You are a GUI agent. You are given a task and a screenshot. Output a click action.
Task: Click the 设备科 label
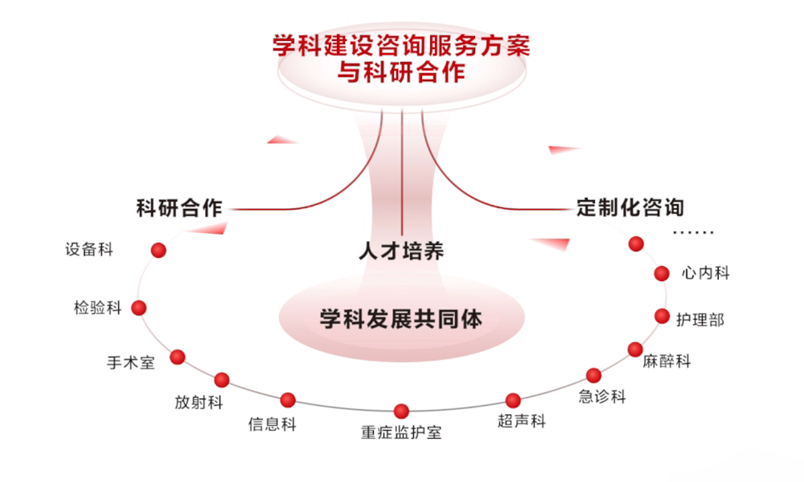coord(89,250)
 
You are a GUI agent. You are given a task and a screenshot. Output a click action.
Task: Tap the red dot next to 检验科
coord(139,308)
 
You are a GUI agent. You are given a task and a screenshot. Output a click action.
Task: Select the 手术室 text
coord(131,363)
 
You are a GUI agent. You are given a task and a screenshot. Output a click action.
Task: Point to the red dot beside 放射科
coord(222,380)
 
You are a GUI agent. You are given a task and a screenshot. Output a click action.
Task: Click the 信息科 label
coord(271,424)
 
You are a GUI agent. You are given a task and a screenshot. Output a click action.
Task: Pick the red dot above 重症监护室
coord(401,411)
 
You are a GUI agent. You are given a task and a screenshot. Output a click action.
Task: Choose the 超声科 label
coord(522,421)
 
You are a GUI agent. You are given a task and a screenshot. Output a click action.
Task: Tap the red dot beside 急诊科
coord(594,375)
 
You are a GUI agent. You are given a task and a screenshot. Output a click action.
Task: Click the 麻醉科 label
coord(666,361)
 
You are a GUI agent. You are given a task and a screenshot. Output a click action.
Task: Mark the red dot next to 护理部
coord(662,316)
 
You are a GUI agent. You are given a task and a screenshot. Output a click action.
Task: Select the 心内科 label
coord(706,273)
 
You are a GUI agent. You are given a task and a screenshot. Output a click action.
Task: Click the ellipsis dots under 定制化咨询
coord(693,233)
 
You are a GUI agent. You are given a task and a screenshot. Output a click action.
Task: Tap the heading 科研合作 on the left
coord(179,208)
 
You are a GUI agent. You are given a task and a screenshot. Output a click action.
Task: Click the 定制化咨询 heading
coord(630,206)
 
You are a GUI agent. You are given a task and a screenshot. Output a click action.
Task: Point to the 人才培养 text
coord(401,251)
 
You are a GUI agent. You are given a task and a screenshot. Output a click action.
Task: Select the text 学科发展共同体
coord(401,319)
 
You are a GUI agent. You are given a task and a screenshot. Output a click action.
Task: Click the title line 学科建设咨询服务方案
coord(401,46)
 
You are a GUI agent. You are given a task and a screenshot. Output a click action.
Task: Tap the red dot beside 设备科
coord(158,250)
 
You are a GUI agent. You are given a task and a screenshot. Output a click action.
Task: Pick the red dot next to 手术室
coord(178,357)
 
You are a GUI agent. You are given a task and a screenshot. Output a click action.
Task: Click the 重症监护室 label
coord(401,432)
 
